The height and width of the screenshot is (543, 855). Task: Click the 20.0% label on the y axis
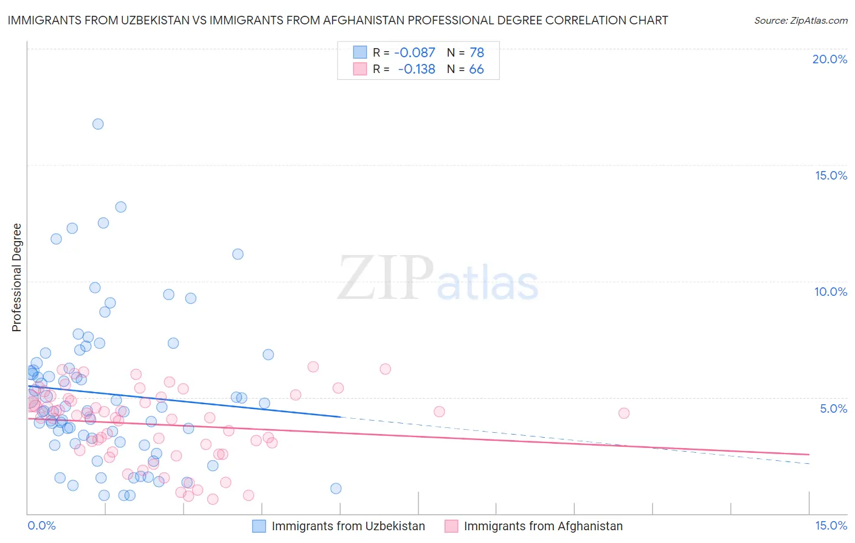(829, 59)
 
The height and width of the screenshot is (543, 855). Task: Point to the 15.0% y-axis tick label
(831, 175)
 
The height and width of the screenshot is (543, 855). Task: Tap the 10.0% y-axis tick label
(831, 292)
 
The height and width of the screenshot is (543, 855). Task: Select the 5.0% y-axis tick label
(833, 408)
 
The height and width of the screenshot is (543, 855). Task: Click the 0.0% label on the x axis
(41, 525)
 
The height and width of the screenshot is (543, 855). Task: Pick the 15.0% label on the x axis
(831, 525)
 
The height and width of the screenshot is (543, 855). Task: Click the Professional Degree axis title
(16, 278)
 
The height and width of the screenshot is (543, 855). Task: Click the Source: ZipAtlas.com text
(800, 20)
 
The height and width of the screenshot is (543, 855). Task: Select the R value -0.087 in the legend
(415, 53)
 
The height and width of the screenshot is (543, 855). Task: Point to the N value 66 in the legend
(476, 69)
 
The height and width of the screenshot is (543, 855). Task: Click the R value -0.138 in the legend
(417, 69)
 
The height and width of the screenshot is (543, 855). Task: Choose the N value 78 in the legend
(477, 53)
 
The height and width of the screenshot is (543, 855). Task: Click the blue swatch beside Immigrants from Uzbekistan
(259, 526)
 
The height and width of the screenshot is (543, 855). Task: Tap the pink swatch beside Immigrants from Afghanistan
(451, 526)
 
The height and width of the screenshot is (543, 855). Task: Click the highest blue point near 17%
(98, 124)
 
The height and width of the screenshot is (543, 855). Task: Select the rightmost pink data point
(623, 413)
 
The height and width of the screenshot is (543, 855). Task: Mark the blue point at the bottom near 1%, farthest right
(336, 488)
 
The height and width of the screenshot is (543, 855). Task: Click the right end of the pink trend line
(809, 454)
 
